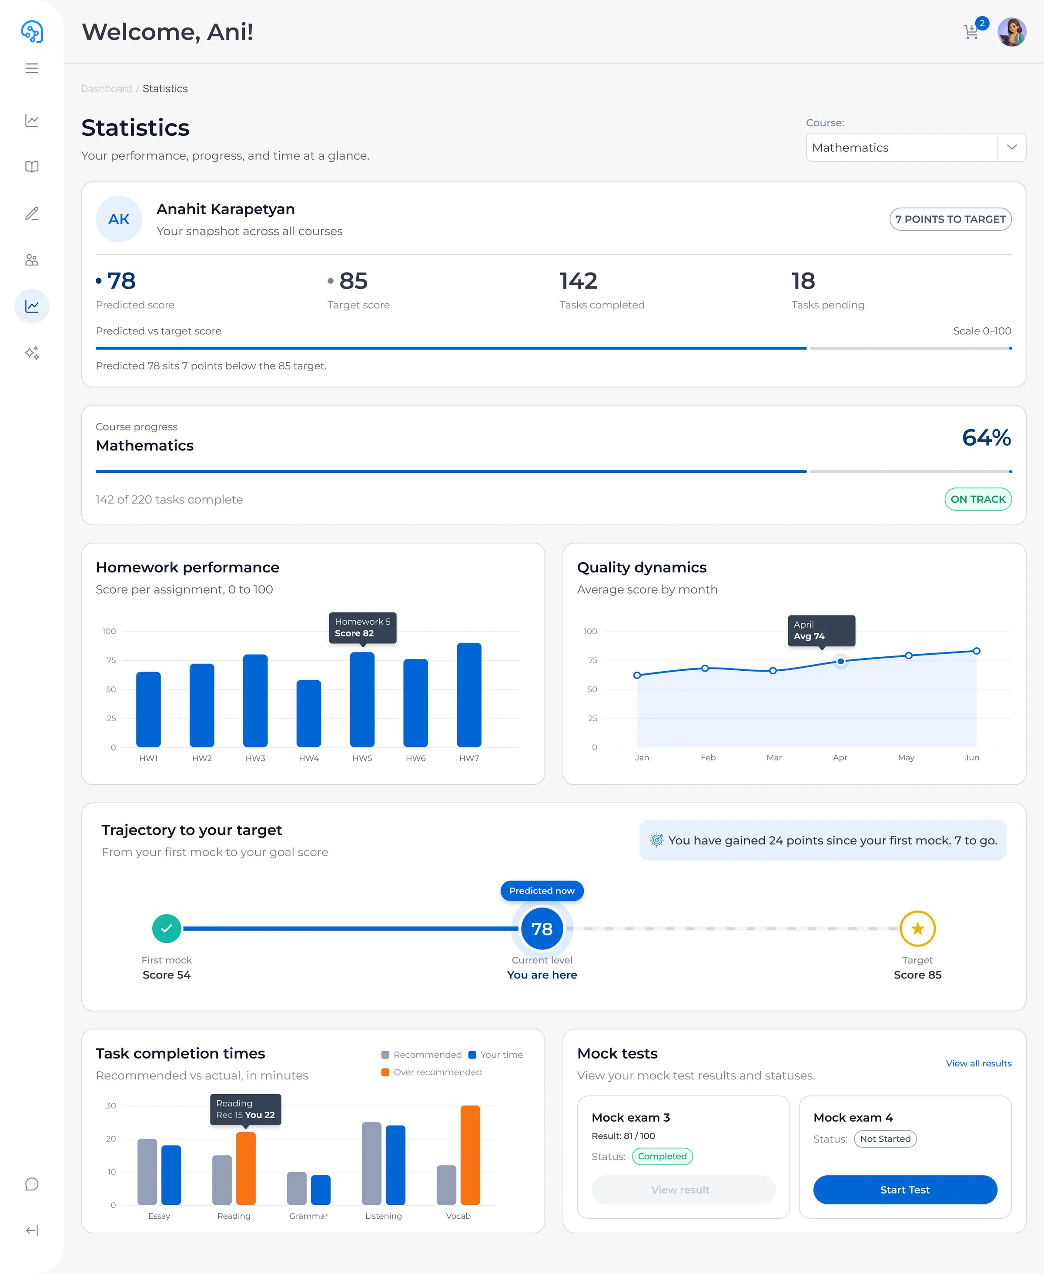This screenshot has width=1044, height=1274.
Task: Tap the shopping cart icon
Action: tap(970, 31)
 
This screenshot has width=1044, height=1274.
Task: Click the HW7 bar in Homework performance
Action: tap(469, 695)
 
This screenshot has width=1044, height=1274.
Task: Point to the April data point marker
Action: tap(841, 661)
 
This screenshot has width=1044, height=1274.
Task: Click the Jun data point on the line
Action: tap(977, 651)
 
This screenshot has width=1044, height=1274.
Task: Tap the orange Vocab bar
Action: tap(470, 1155)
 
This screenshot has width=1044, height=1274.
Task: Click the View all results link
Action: tap(978, 1063)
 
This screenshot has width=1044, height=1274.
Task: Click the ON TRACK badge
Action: tap(978, 499)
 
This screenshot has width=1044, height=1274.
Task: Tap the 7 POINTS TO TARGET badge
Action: tap(950, 219)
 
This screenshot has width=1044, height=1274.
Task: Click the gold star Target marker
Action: tap(917, 928)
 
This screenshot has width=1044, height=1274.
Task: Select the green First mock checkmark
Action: tap(167, 928)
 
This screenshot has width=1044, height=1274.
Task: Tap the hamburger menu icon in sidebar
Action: tap(32, 69)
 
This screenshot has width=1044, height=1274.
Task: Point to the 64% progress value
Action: tap(986, 437)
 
